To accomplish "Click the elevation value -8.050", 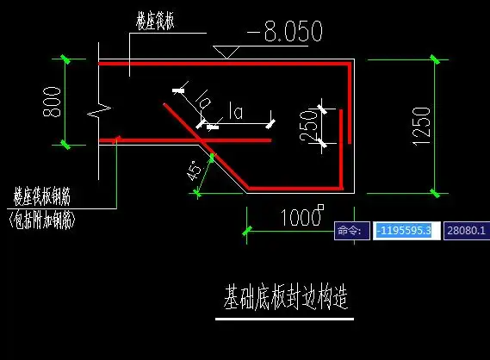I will (x=284, y=33).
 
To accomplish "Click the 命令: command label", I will (x=351, y=231).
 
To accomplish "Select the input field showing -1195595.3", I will (x=406, y=231).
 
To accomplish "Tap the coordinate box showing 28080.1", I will (x=465, y=231).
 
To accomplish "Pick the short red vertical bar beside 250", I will (x=341, y=126).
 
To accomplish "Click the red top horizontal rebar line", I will (x=224, y=64).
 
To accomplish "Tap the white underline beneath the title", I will (x=283, y=320).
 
